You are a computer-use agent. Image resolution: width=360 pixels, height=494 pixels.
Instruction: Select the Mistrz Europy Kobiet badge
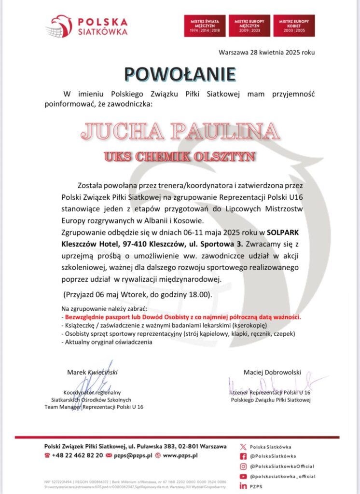click(294, 26)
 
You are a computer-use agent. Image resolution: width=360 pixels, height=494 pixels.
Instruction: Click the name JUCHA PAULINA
click(180, 131)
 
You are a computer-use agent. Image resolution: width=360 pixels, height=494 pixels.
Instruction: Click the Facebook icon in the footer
click(243, 456)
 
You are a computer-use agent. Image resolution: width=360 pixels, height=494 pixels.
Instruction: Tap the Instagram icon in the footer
click(243, 466)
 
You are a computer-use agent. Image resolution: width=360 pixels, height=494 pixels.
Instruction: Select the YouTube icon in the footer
click(243, 476)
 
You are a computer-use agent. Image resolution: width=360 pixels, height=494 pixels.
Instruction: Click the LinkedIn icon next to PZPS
click(243, 486)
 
